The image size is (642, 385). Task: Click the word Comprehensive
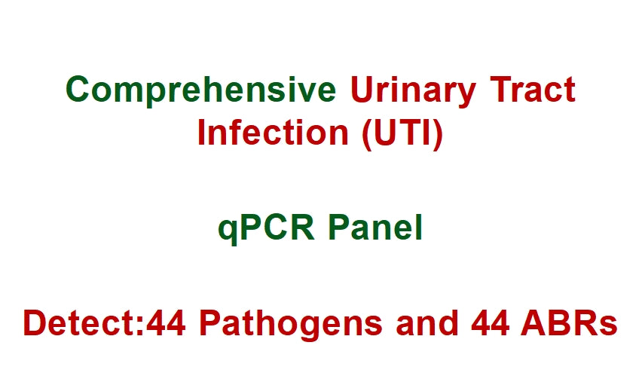200,90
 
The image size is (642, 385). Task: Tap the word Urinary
413,90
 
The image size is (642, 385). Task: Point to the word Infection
273,133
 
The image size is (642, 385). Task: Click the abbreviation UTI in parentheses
401,133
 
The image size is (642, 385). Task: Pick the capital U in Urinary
360,90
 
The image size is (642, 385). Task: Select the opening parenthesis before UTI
365,134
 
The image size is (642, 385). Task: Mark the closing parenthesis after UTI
437,134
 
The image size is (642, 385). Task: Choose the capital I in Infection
202,133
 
